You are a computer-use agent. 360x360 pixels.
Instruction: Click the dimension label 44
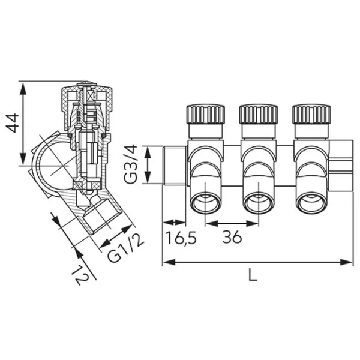click(x=12, y=123)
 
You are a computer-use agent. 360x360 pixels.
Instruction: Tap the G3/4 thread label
click(x=131, y=164)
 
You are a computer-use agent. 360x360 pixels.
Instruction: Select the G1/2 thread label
click(x=125, y=248)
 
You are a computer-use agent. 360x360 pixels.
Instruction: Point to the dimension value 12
click(x=79, y=275)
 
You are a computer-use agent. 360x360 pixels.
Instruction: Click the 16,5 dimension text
click(x=181, y=238)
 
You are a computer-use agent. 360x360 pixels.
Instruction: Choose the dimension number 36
click(x=232, y=237)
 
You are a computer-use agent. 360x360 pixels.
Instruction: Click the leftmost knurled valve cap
click(x=205, y=114)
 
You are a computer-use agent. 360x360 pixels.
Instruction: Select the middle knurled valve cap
click(x=259, y=114)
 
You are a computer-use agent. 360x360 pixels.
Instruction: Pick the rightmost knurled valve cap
click(x=311, y=114)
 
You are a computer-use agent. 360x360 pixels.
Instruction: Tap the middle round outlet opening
click(x=259, y=203)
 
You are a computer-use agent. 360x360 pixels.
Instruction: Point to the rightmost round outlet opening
click(x=311, y=203)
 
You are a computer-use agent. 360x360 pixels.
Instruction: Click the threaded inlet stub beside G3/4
click(x=175, y=165)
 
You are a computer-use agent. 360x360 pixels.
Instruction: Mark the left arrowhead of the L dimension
click(x=169, y=262)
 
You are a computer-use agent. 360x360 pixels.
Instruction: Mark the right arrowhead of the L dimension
click(x=346, y=262)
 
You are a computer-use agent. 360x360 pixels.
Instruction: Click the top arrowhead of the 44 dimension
click(x=23, y=89)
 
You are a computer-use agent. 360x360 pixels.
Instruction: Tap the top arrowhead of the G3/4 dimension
click(x=147, y=152)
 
